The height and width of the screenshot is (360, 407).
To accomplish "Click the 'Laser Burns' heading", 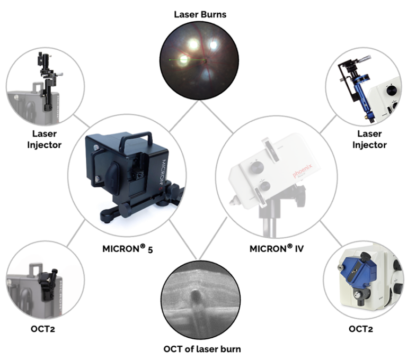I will tap(200, 14).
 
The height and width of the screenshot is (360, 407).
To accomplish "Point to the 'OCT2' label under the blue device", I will tap(361, 328).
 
